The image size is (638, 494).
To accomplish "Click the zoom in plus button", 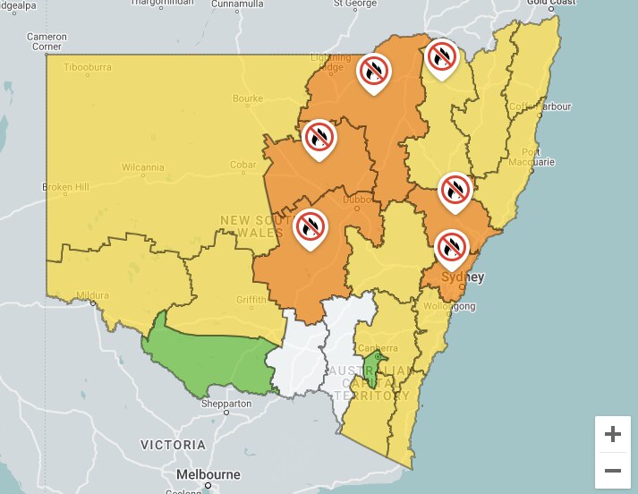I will (x=613, y=435).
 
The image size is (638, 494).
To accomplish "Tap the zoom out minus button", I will (x=613, y=470).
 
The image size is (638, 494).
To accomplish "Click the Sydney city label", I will (x=464, y=277).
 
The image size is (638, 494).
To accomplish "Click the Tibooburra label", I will (x=89, y=68).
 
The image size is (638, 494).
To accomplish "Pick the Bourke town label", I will (x=247, y=98).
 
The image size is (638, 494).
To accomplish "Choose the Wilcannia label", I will (x=143, y=166).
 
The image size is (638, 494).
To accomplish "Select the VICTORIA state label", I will (x=173, y=445).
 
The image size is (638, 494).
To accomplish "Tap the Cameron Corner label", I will (x=47, y=41).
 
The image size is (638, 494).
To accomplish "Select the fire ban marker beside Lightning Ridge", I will (x=373, y=71).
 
